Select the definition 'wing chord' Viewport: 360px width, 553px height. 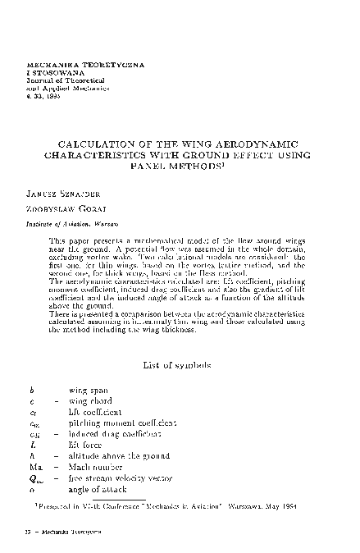tap(90, 401)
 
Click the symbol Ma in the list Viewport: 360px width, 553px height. tap(34, 466)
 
